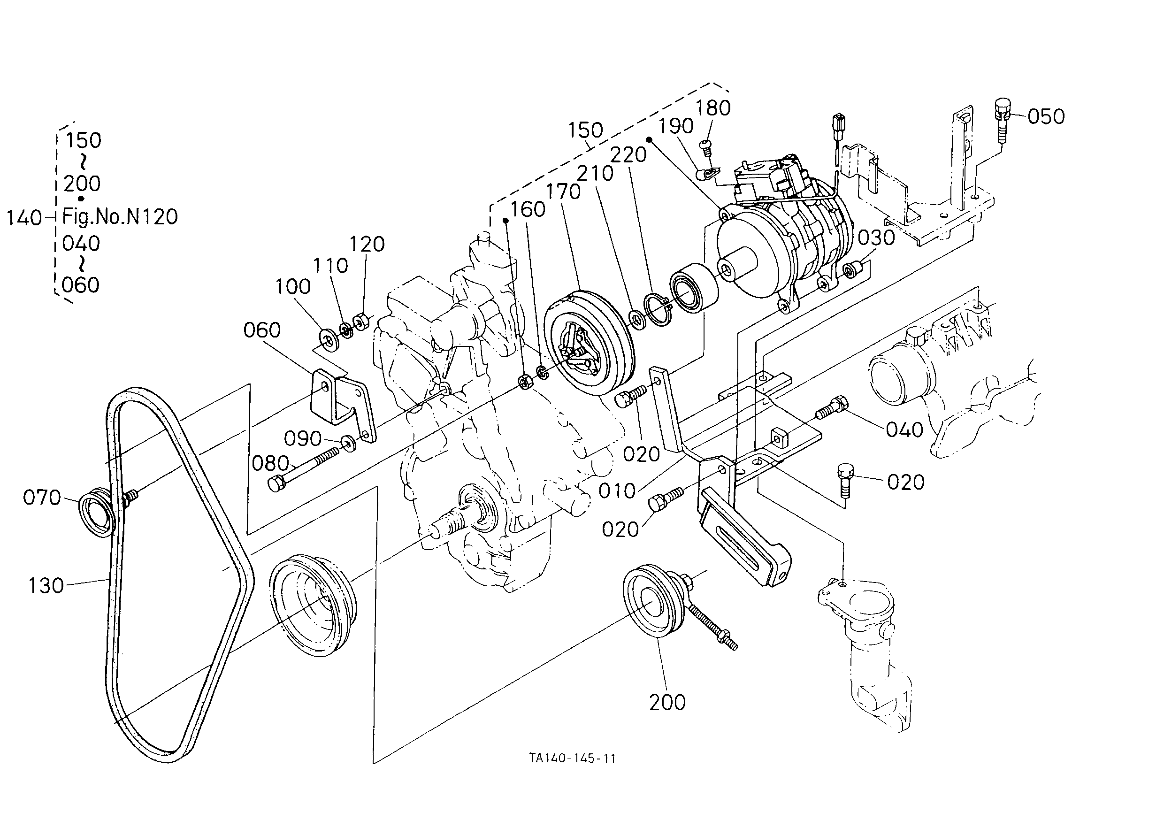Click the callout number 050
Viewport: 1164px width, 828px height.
tap(1046, 117)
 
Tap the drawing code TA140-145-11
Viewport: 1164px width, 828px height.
tap(572, 758)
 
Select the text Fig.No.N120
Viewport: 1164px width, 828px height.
tap(120, 217)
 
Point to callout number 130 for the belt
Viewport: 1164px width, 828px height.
tap(46, 585)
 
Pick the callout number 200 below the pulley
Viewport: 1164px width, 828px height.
tap(667, 703)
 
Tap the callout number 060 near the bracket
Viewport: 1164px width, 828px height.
tap(262, 330)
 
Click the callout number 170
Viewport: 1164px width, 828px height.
tap(563, 192)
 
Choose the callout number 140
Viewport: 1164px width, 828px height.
tap(24, 218)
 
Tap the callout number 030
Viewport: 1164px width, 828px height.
tap(876, 238)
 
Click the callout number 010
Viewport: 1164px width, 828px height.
tap(617, 491)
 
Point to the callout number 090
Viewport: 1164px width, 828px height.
tap(303, 438)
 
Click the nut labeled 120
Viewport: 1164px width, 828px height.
tap(361, 322)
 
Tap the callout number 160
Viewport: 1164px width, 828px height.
tap(528, 209)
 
